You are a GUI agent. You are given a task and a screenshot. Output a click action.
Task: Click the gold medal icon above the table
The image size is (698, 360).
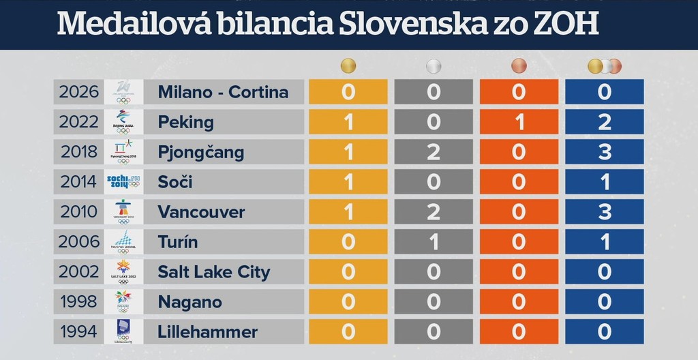pos(348,66)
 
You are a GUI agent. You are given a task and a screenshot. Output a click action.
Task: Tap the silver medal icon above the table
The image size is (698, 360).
pos(434,66)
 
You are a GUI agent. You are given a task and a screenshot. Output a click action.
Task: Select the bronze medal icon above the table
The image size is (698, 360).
pos(519,66)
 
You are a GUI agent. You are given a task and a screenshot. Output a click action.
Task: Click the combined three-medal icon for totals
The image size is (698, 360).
pos(605,66)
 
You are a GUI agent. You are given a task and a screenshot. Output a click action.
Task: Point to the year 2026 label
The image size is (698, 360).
pos(78,91)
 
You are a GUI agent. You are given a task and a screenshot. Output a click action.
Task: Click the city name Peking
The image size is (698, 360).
pos(185,122)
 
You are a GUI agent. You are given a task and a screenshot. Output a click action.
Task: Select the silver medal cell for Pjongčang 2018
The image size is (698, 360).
pos(434,152)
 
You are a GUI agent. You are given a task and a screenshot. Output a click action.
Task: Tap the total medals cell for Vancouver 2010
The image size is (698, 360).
pos(605,211)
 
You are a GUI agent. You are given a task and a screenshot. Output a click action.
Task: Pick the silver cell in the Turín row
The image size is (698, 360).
pos(434,241)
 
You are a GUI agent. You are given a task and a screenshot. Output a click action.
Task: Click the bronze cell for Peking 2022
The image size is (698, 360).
pos(519,122)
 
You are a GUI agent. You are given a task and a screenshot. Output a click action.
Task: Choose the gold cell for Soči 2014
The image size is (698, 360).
pos(348,182)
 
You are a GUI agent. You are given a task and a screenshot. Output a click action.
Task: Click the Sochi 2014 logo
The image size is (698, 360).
pos(123,182)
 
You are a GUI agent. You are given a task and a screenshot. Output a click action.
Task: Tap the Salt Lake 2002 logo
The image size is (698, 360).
pos(123,271)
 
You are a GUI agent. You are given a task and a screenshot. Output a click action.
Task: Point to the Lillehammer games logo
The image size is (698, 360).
pos(123,331)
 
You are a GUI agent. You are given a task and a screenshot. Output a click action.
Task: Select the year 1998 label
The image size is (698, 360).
pos(78,301)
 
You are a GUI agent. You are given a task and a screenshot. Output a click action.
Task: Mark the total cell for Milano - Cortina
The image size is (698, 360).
pos(605,91)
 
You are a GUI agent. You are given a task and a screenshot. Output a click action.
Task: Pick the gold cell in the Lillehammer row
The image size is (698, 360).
pos(348,331)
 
